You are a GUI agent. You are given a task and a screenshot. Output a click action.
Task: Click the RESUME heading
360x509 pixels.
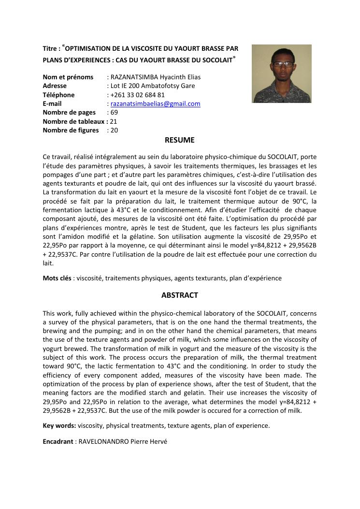pyautogui.click(x=179, y=140)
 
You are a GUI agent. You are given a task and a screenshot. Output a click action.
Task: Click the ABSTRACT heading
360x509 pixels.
pyautogui.click(x=179, y=295)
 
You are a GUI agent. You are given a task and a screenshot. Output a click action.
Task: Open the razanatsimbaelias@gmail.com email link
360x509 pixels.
pyautogui.click(x=155, y=104)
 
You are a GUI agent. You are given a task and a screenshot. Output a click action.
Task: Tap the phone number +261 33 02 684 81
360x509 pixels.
pyautogui.click(x=137, y=95)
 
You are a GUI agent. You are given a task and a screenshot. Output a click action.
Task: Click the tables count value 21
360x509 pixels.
pyautogui.click(x=114, y=121)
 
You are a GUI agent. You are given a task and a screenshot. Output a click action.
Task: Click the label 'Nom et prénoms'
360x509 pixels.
pyautogui.click(x=68, y=77)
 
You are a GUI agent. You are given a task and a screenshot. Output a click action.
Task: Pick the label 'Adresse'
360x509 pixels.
pyautogui.click(x=55, y=86)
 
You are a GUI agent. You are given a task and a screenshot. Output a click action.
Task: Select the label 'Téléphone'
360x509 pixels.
pyautogui.click(x=58, y=95)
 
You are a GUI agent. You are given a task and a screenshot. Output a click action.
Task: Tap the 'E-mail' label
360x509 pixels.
pyautogui.click(x=52, y=104)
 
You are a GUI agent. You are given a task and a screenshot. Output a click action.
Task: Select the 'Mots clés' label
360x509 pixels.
pyautogui.click(x=57, y=278)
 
